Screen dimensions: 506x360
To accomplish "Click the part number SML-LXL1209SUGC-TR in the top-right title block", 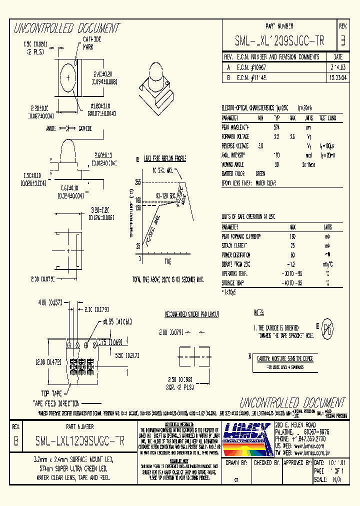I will tap(279, 41).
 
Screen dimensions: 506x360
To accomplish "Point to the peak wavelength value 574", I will tap(277, 127).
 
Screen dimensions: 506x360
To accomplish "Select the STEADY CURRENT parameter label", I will tap(235, 245).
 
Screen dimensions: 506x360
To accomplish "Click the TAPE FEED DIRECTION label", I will tap(56, 403).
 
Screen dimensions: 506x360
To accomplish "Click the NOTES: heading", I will tap(258, 312).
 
